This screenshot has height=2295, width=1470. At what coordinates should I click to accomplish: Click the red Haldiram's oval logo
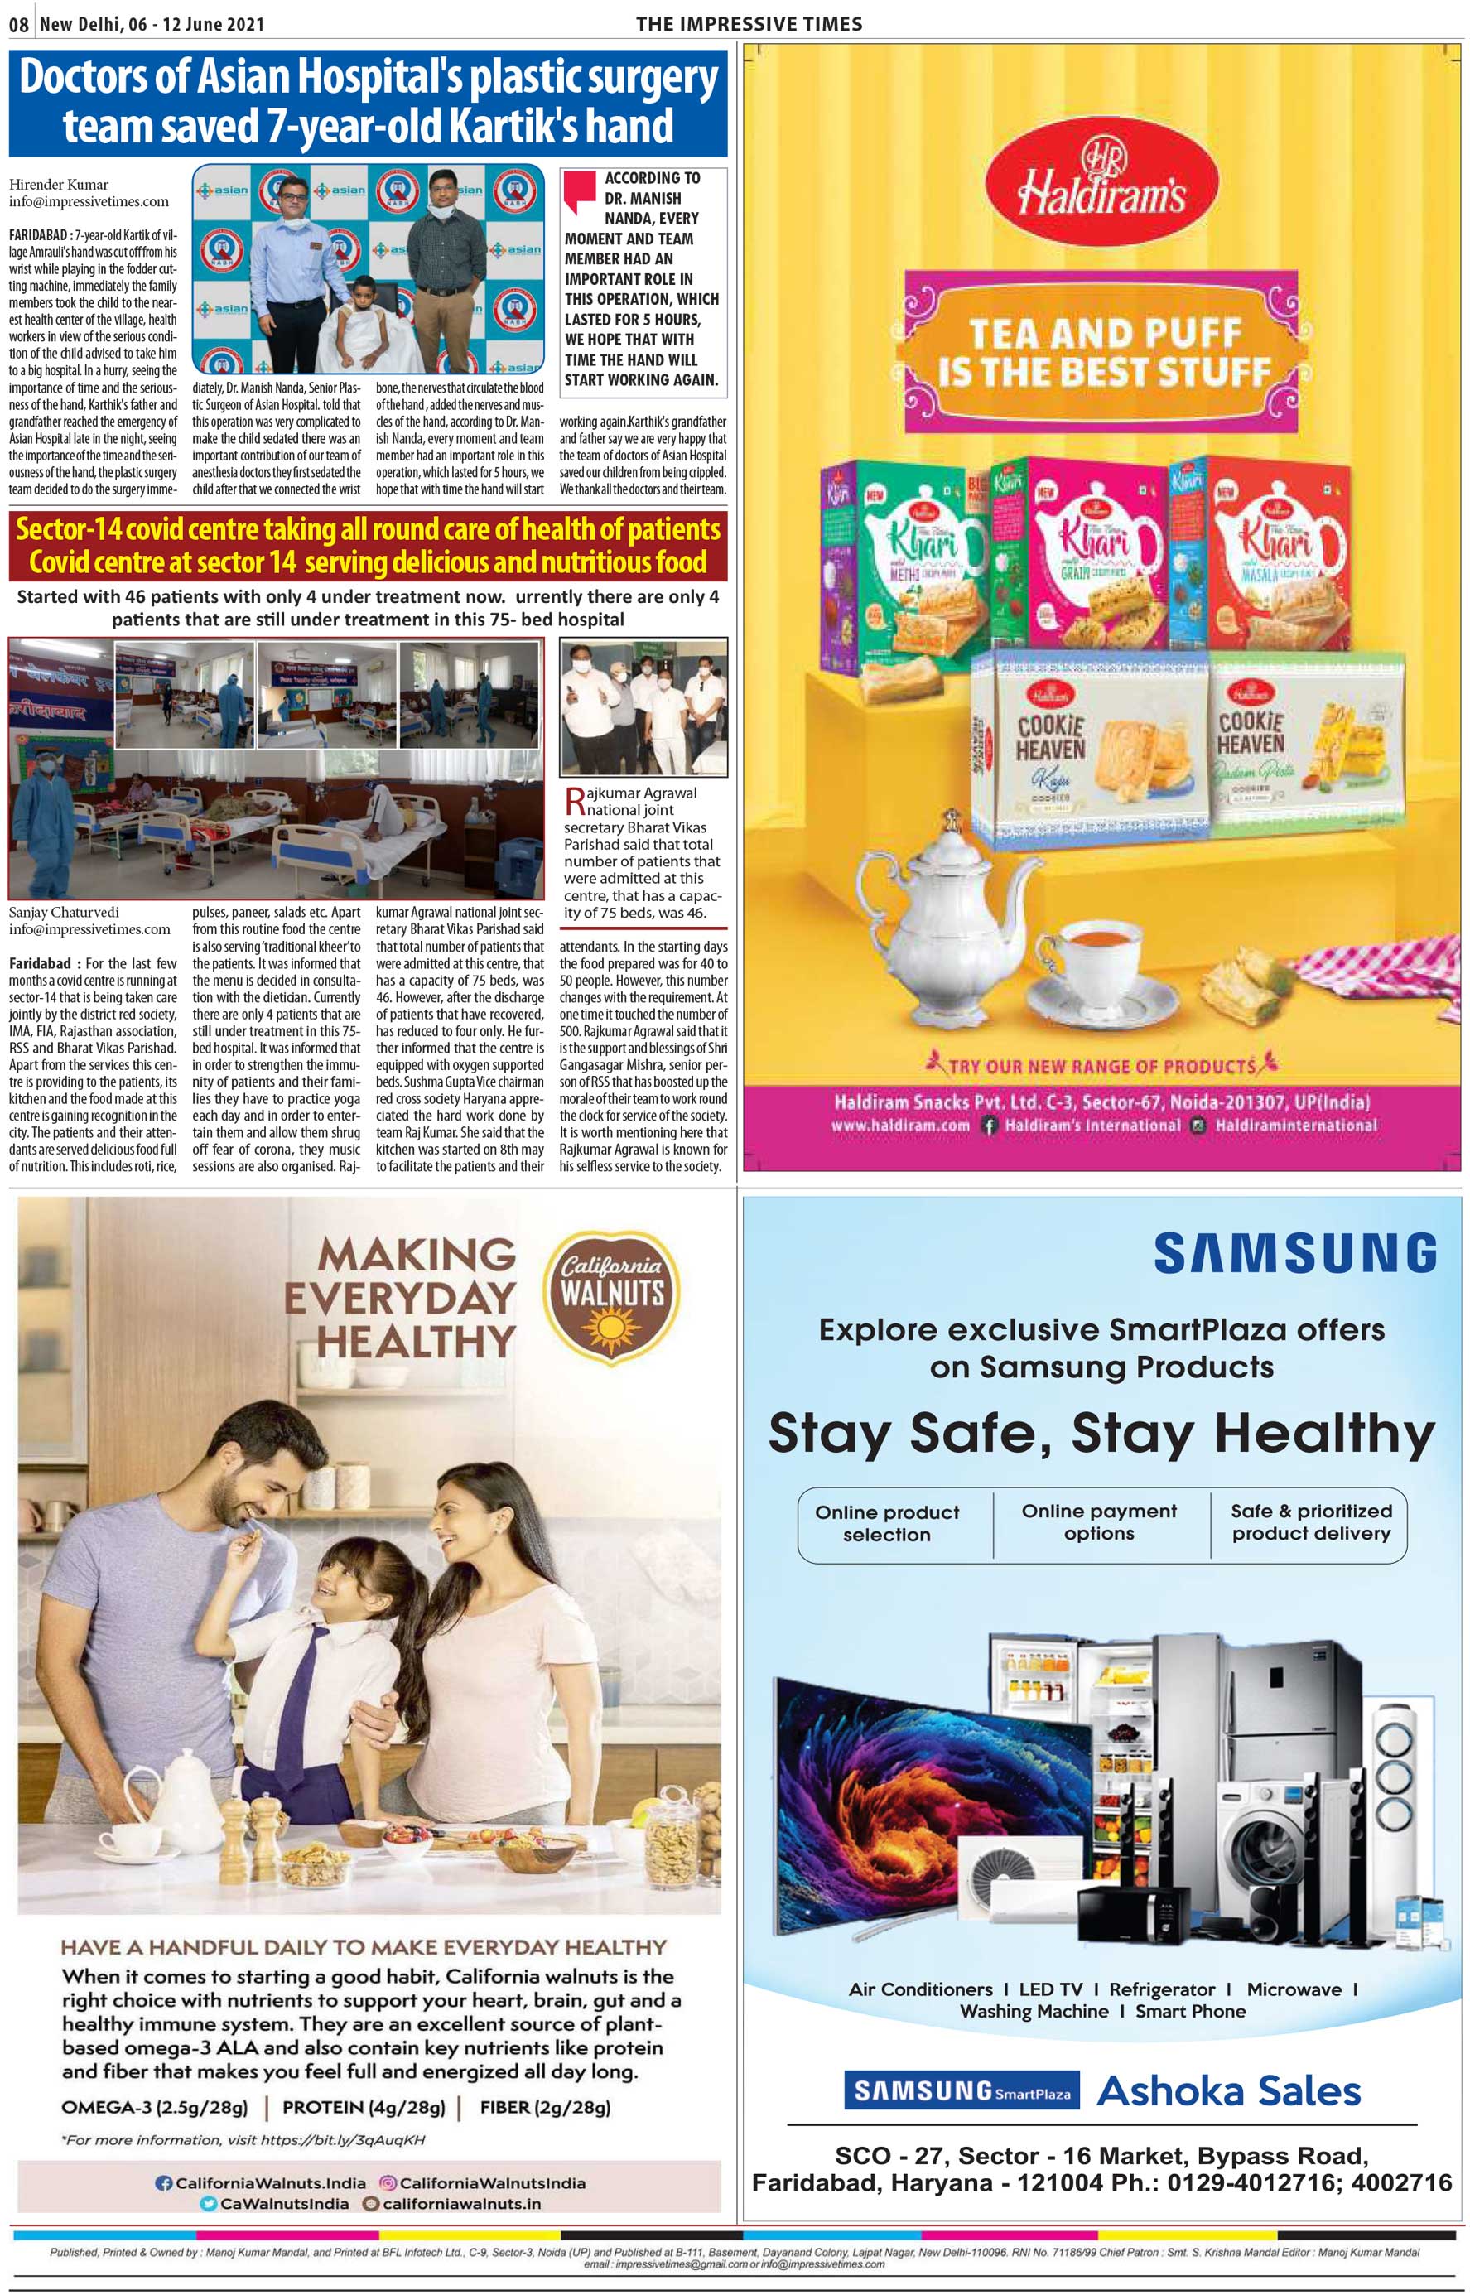click(1101, 182)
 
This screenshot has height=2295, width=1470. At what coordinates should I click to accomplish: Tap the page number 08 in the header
click(19, 25)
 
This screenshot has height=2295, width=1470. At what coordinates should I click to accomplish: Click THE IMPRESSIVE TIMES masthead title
click(749, 24)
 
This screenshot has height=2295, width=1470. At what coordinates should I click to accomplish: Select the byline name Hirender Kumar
click(58, 184)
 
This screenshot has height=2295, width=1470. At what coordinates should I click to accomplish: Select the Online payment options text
click(1099, 1521)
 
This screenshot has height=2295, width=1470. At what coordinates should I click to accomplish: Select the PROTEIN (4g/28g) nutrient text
click(364, 2106)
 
